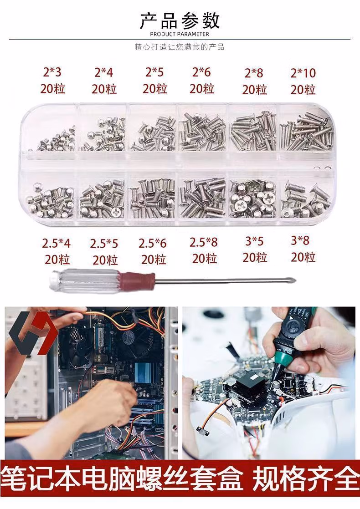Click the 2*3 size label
52,72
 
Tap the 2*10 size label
303,73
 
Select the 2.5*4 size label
56,244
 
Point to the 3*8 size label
300,240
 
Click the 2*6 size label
201,72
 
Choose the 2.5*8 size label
204,242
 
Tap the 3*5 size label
254,241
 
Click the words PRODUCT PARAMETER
180,34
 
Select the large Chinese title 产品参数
180,21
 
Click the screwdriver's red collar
137,280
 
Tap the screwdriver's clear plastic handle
85,280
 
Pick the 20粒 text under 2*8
254,90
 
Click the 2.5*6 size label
152,244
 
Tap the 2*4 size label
103,72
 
